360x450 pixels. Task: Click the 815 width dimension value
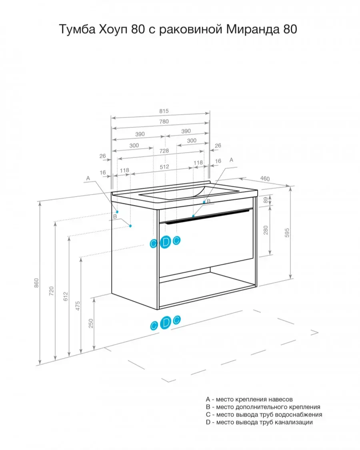pyautogui.click(x=164, y=111)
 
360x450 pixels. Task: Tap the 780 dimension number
pyautogui.click(x=164, y=121)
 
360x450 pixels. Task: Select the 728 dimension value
pyautogui.click(x=164, y=151)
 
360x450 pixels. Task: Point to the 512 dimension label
pyautogui.click(x=164, y=167)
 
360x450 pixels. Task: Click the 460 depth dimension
pyautogui.click(x=265, y=179)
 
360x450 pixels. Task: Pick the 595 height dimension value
pyautogui.click(x=287, y=233)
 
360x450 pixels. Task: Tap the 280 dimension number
pyautogui.click(x=266, y=230)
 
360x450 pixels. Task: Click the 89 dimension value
pyautogui.click(x=266, y=200)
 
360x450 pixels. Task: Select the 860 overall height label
pyautogui.click(x=36, y=283)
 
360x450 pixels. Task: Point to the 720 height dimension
pyautogui.click(x=52, y=291)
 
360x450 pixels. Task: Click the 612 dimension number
pyautogui.click(x=66, y=296)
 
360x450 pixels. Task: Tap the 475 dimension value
pyautogui.click(x=78, y=306)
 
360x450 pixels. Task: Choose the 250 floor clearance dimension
pyautogui.click(x=91, y=323)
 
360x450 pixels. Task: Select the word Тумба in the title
pyautogui.click(x=77, y=29)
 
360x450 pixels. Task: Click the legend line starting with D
pyautogui.click(x=259, y=422)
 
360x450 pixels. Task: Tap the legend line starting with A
pyautogui.click(x=249, y=399)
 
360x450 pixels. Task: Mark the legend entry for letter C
pyautogui.click(x=264, y=414)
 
